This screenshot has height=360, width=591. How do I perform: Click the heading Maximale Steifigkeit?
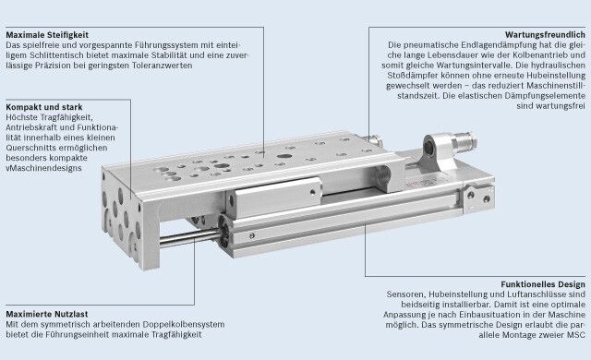(47, 35)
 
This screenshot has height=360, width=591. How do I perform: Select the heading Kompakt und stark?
(44, 107)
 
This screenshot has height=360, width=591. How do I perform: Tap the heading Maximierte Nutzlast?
(47, 314)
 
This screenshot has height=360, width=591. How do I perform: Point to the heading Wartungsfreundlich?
(545, 35)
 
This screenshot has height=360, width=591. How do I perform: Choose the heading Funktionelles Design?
(543, 284)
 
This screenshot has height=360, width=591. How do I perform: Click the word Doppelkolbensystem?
(184, 324)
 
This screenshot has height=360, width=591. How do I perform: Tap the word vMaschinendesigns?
(43, 168)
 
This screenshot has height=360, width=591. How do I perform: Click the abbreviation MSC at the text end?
(576, 335)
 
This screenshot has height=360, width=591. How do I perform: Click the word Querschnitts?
(30, 148)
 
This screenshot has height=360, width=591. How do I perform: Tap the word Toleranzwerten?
(163, 66)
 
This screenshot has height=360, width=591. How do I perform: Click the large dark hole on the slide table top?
(284, 156)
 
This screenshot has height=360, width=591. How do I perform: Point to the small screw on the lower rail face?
(252, 236)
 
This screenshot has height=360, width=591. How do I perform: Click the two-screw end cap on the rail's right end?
(479, 197)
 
